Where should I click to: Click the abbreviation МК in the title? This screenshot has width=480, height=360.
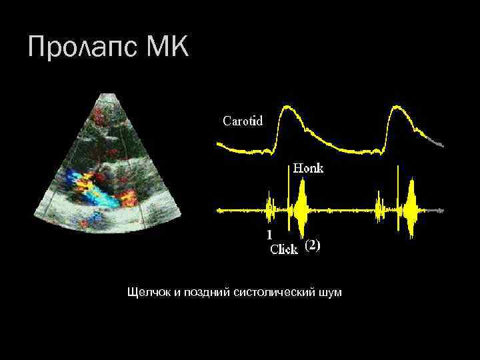point(167,48)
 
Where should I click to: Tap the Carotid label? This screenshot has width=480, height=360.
point(242,121)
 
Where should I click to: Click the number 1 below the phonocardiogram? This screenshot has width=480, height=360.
point(269,235)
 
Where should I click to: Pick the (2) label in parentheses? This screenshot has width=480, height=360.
point(313,245)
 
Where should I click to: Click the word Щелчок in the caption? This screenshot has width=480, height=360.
point(149,292)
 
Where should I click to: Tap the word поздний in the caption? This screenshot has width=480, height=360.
point(207,292)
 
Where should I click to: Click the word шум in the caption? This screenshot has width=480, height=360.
point(331,292)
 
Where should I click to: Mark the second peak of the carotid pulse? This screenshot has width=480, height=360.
point(397,108)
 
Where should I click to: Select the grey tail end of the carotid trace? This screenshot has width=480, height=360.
point(437,141)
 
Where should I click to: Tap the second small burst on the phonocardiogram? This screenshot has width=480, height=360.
point(379,209)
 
